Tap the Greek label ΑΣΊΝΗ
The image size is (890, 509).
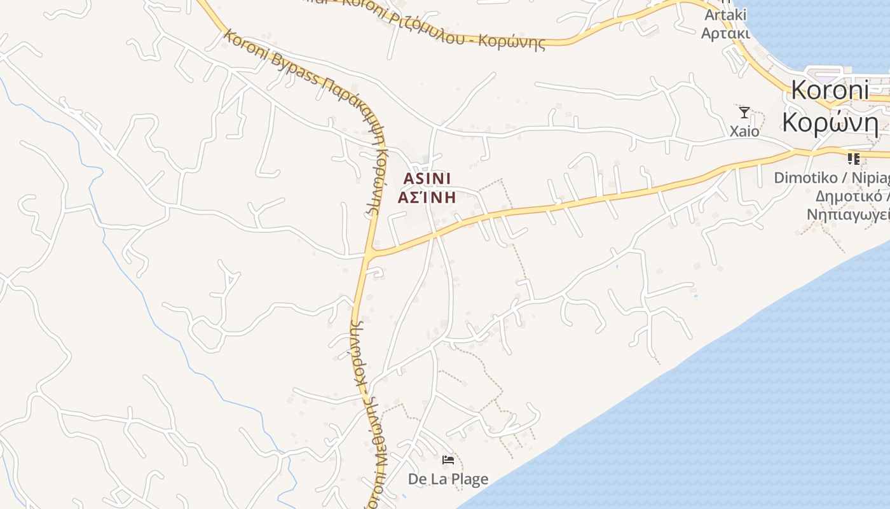427,197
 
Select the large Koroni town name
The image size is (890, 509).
830,90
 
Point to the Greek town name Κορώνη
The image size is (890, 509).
830,122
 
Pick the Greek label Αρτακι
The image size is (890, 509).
725,32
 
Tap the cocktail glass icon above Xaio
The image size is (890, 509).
744,113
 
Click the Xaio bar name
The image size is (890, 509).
744,131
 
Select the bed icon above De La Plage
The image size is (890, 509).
448,460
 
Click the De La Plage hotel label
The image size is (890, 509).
448,479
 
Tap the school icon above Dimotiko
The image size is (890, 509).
853,158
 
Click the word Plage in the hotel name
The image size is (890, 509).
467,479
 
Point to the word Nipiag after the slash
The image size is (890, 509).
870,178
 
